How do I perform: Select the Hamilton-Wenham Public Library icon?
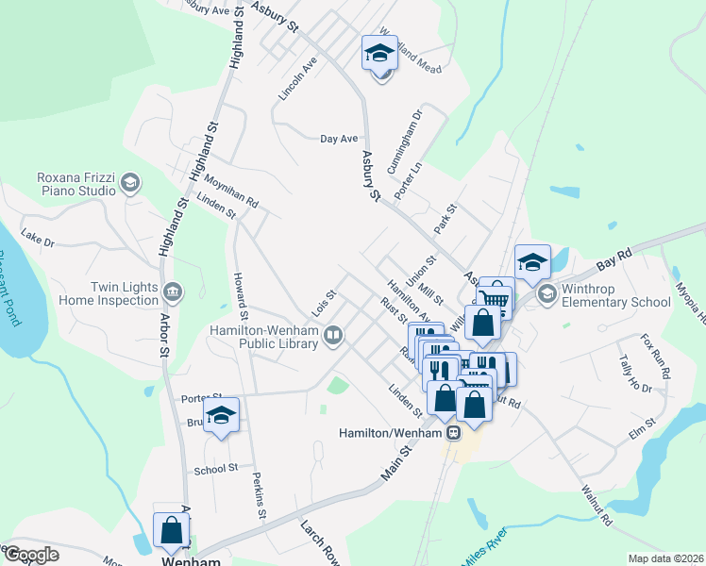333,336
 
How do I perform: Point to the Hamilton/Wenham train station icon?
454,433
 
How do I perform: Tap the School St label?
215,469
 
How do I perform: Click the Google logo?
31,555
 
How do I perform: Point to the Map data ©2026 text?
665,558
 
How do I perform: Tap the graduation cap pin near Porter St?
221,415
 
